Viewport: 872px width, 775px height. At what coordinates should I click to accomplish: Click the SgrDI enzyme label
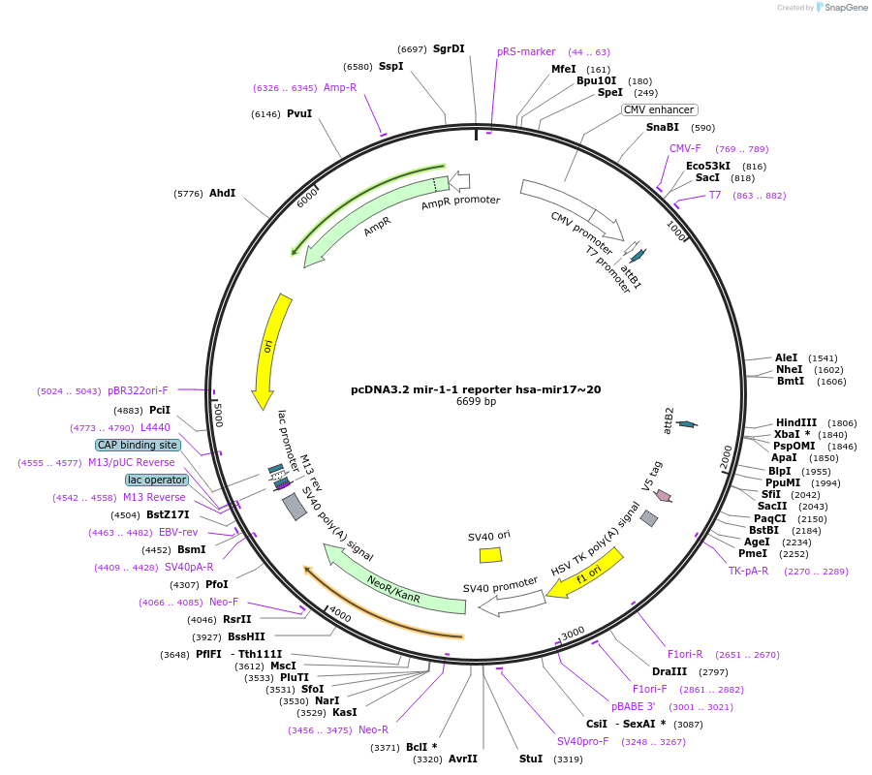click(x=449, y=48)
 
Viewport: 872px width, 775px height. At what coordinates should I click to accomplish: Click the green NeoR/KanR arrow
click(x=392, y=583)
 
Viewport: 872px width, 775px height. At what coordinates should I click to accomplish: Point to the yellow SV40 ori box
click(x=490, y=555)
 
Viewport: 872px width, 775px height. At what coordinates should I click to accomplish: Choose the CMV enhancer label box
click(x=659, y=109)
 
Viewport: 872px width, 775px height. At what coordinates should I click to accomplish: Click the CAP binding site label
click(x=138, y=445)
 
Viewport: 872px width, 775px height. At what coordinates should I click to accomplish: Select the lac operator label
click(x=156, y=480)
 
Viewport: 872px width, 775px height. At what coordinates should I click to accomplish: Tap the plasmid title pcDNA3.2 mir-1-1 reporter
click(x=476, y=389)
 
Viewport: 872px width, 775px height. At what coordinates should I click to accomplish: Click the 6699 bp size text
click(x=476, y=402)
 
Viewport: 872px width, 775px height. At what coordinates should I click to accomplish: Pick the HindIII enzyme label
click(x=796, y=422)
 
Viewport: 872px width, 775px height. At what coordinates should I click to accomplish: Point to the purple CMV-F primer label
click(x=685, y=148)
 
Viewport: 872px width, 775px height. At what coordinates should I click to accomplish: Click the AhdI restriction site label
click(x=222, y=193)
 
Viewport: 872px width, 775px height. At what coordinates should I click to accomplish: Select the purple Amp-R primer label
click(x=340, y=87)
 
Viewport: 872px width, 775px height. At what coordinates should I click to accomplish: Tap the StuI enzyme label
click(x=531, y=759)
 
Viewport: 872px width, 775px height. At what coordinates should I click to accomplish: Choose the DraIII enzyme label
click(x=670, y=671)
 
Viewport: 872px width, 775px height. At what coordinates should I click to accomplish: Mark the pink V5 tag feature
click(x=663, y=495)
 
